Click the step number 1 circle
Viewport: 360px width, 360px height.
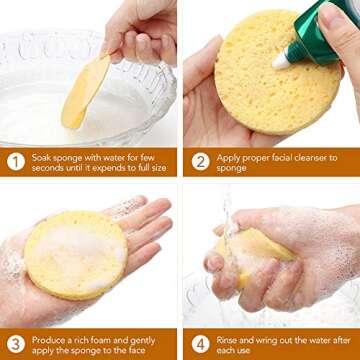tap(15, 161)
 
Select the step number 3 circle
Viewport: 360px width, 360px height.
tap(15, 344)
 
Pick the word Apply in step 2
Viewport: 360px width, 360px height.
tap(227, 155)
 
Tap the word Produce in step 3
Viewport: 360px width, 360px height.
tap(49, 338)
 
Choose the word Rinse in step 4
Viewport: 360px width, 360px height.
tap(227, 338)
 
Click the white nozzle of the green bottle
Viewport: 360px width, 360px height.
tap(282, 60)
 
